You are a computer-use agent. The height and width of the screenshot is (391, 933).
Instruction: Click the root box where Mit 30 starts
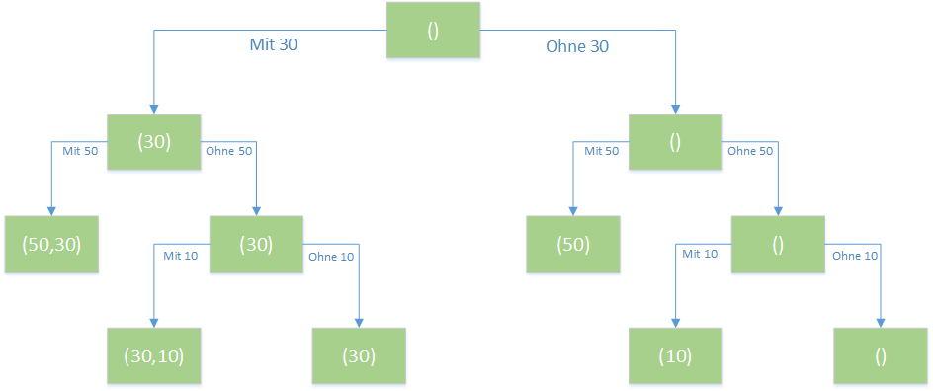pos(433,30)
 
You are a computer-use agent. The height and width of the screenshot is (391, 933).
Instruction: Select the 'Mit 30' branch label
pos(273,45)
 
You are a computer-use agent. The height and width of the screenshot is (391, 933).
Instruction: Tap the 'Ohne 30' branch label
pos(577,47)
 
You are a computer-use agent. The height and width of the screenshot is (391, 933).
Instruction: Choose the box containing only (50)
pos(573,244)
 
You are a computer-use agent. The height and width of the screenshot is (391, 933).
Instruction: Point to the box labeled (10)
pos(675,355)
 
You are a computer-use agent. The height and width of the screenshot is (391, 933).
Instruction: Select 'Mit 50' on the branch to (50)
pos(602,151)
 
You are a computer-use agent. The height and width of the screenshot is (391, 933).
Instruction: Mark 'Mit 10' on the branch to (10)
pos(700,255)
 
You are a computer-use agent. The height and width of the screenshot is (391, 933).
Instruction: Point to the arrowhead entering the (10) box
pos(675,323)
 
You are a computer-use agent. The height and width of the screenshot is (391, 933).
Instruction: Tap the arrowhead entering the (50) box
pos(573,211)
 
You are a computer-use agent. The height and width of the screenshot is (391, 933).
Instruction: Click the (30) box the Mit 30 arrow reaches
pos(153,142)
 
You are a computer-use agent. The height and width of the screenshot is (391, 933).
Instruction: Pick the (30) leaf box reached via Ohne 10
pos(359,355)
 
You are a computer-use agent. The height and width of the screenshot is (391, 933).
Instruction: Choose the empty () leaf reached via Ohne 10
pos(881,355)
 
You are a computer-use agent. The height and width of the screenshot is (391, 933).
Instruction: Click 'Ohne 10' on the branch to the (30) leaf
pos(330,257)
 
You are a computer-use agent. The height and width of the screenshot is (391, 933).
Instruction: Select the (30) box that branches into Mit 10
pos(256,244)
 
